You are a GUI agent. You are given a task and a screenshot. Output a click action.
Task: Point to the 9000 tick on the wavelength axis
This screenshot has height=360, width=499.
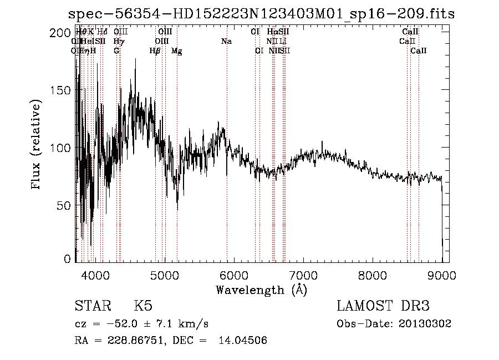(441, 276)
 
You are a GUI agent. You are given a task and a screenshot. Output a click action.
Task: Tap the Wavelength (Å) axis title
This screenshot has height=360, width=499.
(261, 290)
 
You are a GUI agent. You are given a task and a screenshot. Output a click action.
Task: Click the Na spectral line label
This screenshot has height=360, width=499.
(226, 42)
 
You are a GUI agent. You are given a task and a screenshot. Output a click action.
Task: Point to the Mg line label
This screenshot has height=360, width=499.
(176, 51)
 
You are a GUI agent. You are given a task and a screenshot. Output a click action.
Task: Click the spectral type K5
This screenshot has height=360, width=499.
(143, 306)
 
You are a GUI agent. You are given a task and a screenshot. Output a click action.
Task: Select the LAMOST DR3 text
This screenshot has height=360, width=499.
(383, 306)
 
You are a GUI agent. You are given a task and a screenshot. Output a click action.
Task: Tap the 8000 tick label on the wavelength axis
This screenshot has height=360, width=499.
(372, 276)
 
